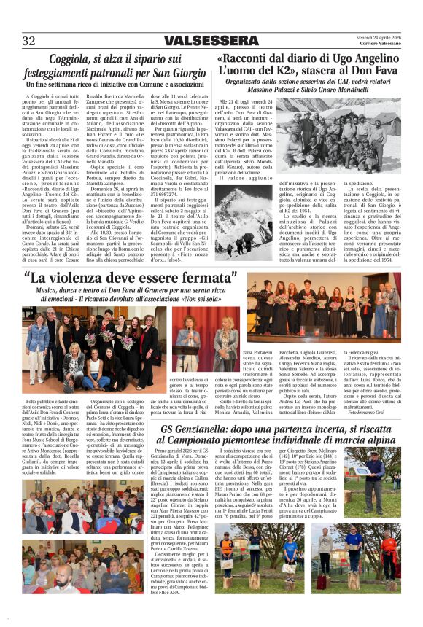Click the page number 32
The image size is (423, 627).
point(29,40)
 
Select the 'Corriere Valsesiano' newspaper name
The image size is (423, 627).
point(381,44)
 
